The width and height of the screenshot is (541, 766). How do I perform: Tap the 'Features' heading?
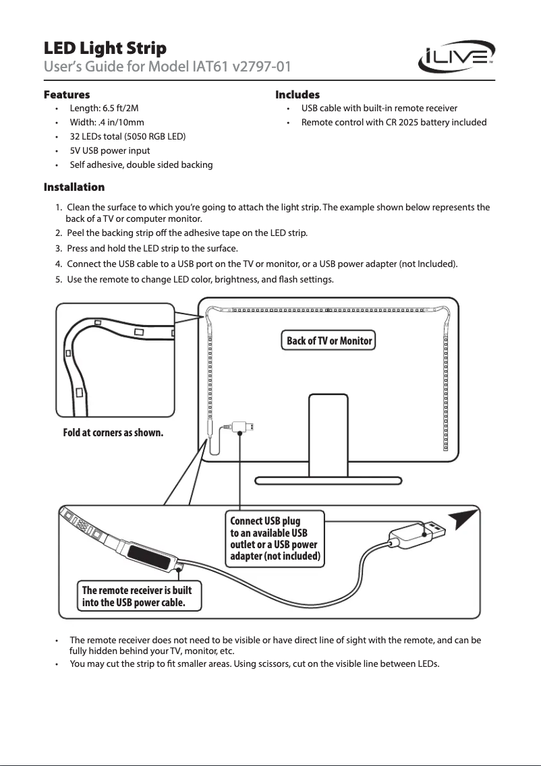tap(67, 94)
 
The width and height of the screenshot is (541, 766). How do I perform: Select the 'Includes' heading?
tap(297, 94)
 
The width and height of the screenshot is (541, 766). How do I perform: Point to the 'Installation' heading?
tap(74, 186)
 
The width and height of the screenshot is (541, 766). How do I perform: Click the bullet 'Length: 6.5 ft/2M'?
tap(105, 109)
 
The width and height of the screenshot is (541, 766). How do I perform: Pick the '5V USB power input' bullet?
tap(110, 151)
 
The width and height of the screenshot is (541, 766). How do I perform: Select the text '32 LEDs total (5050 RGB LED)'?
tap(128, 137)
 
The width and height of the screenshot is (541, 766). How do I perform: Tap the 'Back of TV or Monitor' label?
tap(329, 341)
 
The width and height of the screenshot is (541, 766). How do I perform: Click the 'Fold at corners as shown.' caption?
tap(113, 433)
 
